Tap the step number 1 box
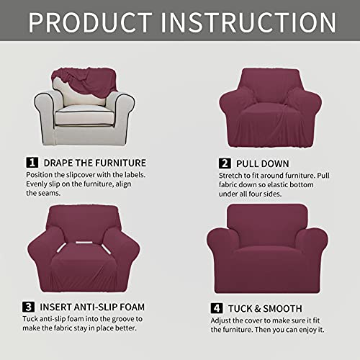pyautogui.click(x=32, y=163)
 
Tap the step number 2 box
pyautogui.click(x=225, y=163)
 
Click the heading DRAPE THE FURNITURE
pyautogui.click(x=94, y=163)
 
